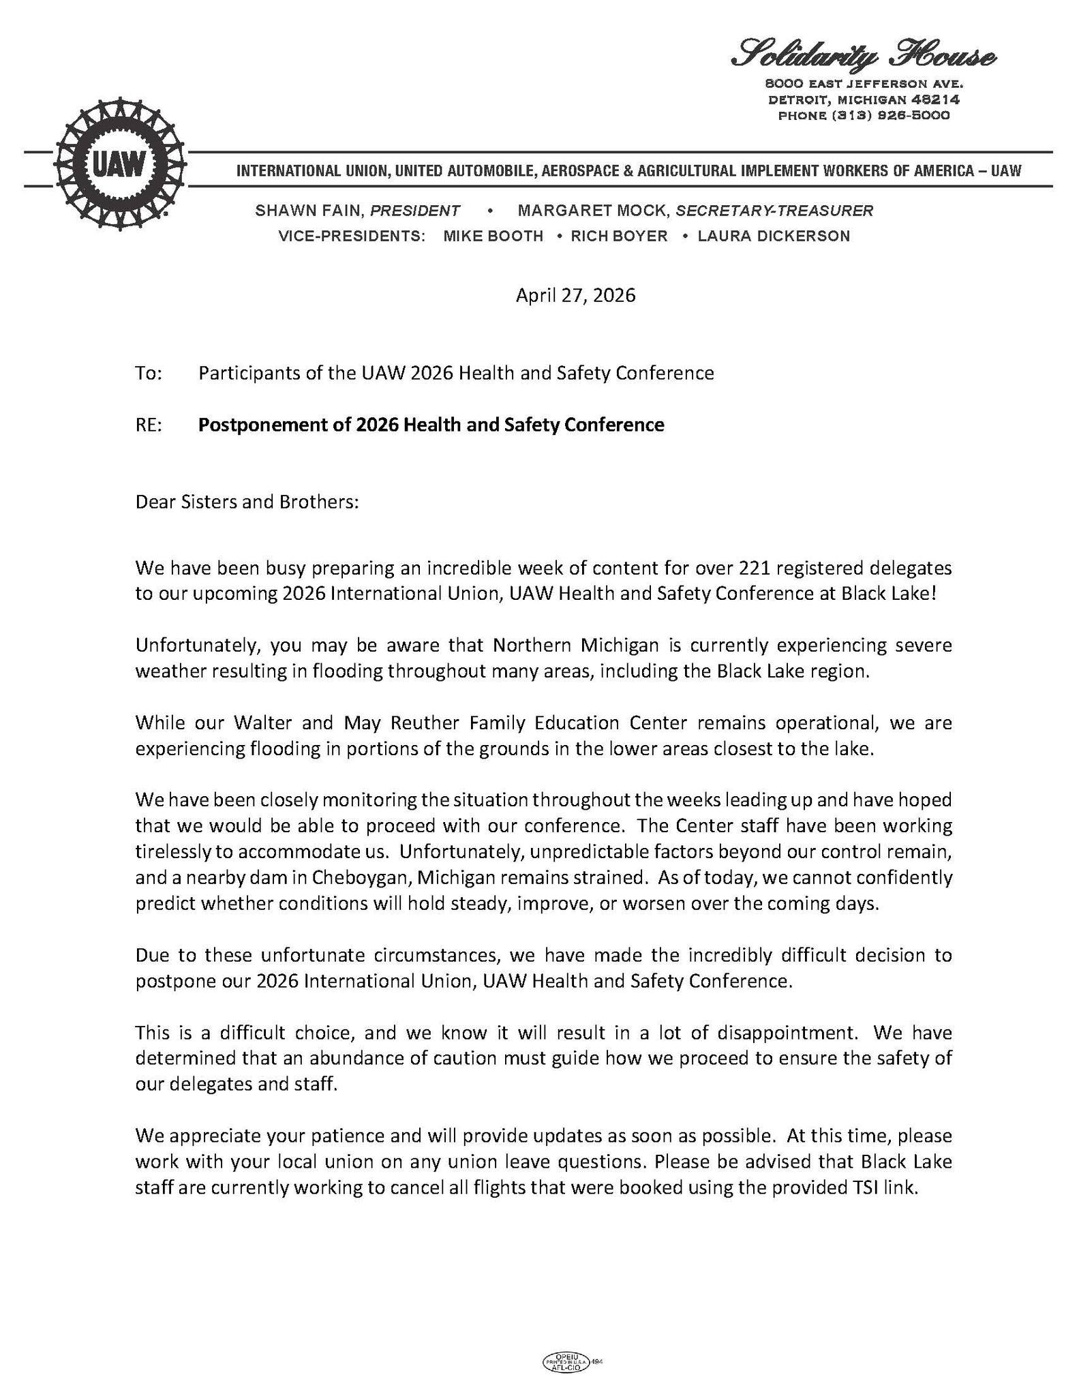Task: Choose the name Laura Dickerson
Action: click(774, 237)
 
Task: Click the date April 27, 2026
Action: click(575, 295)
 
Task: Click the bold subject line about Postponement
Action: click(431, 425)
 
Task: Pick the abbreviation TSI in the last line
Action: click(866, 1188)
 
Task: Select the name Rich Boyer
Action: click(619, 237)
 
